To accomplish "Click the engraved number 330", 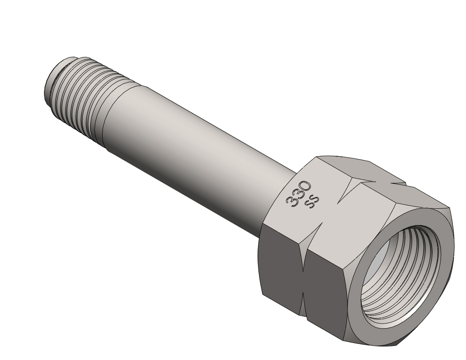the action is tap(298, 194).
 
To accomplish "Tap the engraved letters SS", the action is tap(312, 202).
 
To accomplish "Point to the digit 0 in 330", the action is tap(305, 186).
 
